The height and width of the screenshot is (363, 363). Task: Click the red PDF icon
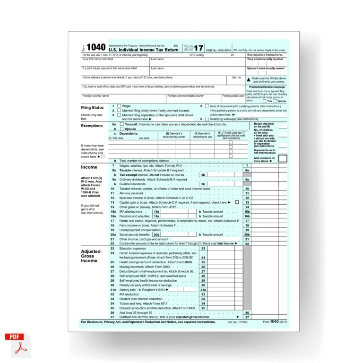17,344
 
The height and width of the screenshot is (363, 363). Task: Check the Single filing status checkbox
119,106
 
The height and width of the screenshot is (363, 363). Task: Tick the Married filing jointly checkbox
119,110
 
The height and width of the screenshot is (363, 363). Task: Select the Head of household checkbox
207,106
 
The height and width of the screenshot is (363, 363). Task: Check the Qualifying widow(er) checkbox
207,119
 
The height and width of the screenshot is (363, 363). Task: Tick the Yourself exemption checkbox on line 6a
121,124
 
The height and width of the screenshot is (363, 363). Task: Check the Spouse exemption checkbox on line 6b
121,129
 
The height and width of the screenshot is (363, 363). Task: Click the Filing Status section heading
92,107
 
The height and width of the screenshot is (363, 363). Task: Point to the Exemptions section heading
92,126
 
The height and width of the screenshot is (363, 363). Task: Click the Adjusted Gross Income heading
91,256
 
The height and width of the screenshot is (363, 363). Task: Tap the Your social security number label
265,59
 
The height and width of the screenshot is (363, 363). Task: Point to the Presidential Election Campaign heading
267,87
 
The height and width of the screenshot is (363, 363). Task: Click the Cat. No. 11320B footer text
236,322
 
